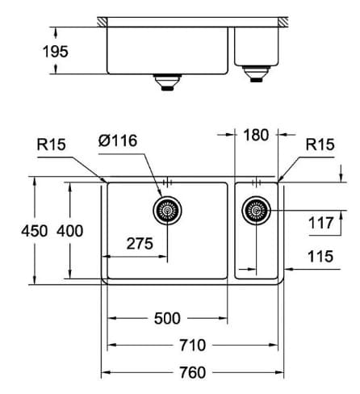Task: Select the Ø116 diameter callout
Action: [117, 140]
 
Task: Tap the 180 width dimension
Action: [257, 135]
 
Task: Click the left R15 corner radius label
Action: [51, 145]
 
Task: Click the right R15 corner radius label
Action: [320, 145]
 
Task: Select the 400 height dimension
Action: [70, 231]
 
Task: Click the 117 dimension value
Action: [320, 221]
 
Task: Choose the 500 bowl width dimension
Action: [167, 317]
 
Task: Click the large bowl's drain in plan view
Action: [167, 211]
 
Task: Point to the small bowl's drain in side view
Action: [257, 75]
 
